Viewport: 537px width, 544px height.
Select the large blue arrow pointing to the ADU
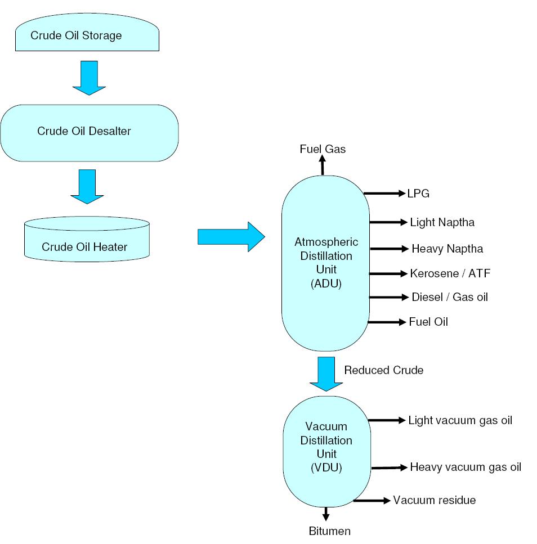231,237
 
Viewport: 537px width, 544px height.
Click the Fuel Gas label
323,149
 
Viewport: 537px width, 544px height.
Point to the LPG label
418,194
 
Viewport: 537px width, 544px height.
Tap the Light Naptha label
442,222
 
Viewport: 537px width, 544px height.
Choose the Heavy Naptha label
447,249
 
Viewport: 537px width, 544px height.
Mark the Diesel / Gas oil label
449,297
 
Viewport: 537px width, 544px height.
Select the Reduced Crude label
383,370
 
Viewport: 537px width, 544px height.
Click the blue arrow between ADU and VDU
326,373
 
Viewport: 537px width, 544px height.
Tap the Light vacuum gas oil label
460,420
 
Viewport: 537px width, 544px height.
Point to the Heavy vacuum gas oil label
465,467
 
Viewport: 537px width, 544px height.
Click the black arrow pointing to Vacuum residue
371,500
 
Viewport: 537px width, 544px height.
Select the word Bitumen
329,531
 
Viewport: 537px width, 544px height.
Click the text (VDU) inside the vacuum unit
326,467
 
